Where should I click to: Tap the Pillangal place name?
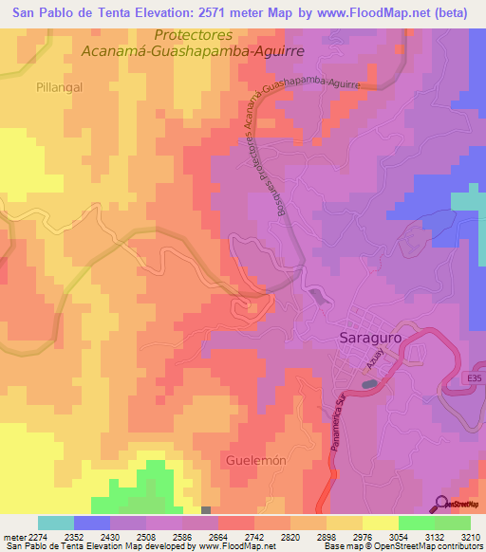(61, 85)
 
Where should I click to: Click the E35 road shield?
(475, 377)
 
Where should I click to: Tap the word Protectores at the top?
(193, 34)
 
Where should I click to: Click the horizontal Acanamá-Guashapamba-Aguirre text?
(193, 51)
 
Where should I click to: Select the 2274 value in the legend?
(34, 536)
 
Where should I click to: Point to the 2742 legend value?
(237, 536)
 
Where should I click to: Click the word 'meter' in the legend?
(11, 536)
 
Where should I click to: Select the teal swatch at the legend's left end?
(55, 523)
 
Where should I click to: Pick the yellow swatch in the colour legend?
(380, 523)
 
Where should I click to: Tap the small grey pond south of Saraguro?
(368, 384)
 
